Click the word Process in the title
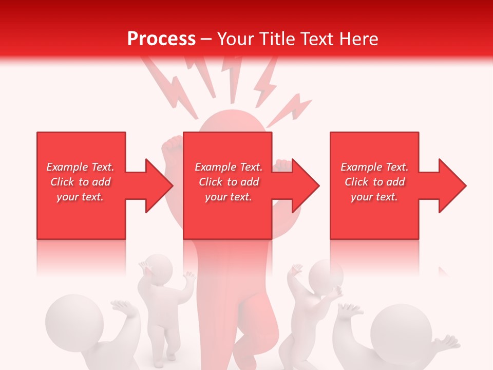161,39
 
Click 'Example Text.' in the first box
80,167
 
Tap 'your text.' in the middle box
228,197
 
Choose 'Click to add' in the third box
374,182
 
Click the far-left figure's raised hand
123,308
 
